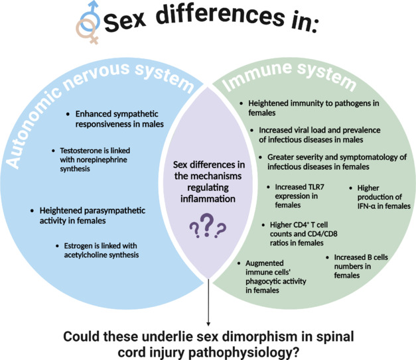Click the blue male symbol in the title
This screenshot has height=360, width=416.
click(x=90, y=17)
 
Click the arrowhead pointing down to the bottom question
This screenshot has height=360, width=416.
click(x=208, y=322)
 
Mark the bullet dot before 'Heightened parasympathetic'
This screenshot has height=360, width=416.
click(x=33, y=211)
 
